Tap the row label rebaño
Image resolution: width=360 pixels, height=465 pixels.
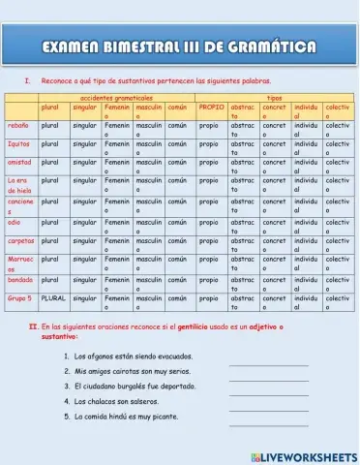pyautogui.click(x=18, y=126)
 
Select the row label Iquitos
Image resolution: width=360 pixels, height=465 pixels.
pyautogui.click(x=18, y=143)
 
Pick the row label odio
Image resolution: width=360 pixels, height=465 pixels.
pyautogui.click(x=14, y=222)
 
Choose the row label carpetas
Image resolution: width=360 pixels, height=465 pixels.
pyautogui.click(x=20, y=239)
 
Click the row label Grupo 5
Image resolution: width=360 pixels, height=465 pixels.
pyautogui.click(x=19, y=298)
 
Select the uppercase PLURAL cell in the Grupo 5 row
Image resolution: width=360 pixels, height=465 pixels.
pyautogui.click(x=53, y=298)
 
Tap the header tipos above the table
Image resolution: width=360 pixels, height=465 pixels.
pyautogui.click(x=275, y=98)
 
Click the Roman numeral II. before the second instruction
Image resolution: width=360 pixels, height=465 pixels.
pyautogui.click(x=33, y=327)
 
